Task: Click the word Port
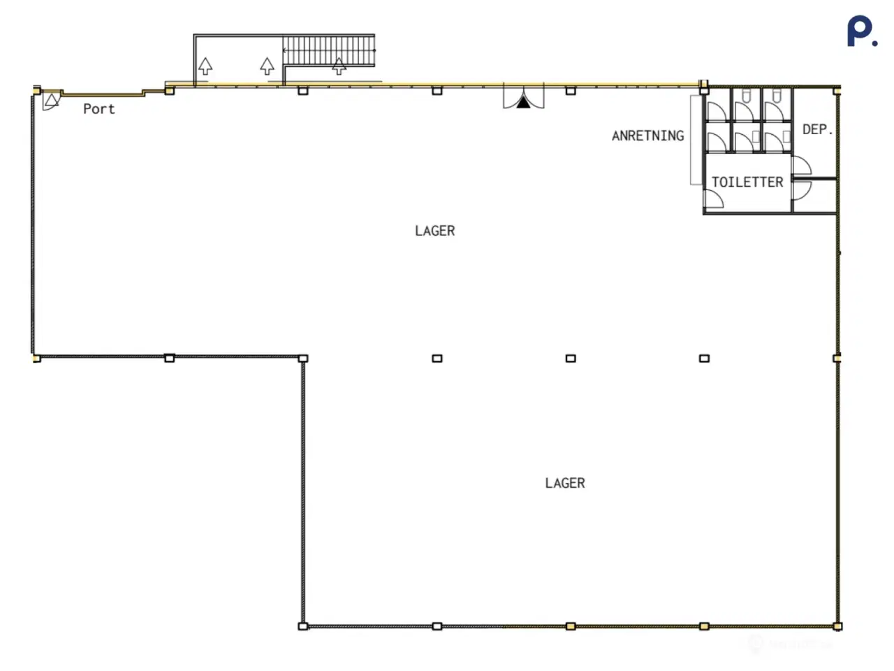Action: pyautogui.click(x=98, y=108)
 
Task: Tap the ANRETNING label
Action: pyautogui.click(x=647, y=136)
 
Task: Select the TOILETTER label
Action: pyautogui.click(x=747, y=182)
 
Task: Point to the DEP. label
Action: pyautogui.click(x=816, y=129)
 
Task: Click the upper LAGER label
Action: pyautogui.click(x=434, y=231)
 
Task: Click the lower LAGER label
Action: pyautogui.click(x=564, y=483)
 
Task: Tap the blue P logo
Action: pyautogui.click(x=861, y=32)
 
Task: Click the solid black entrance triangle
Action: pyautogui.click(x=523, y=103)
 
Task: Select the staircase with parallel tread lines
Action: pyautogui.click(x=328, y=50)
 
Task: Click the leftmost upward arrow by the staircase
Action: pyautogui.click(x=205, y=66)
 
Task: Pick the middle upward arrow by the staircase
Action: pyautogui.click(x=267, y=66)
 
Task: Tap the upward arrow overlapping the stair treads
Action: pyautogui.click(x=339, y=66)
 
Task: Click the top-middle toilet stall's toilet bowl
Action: pyautogui.click(x=746, y=96)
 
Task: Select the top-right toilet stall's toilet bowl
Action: pyautogui.click(x=777, y=96)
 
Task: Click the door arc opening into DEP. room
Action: pyautogui.click(x=802, y=166)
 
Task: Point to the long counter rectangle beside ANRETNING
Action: pyautogui.click(x=696, y=140)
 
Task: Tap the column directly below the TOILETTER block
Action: pyautogui.click(x=704, y=358)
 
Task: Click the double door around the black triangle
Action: pyautogui.click(x=523, y=96)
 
